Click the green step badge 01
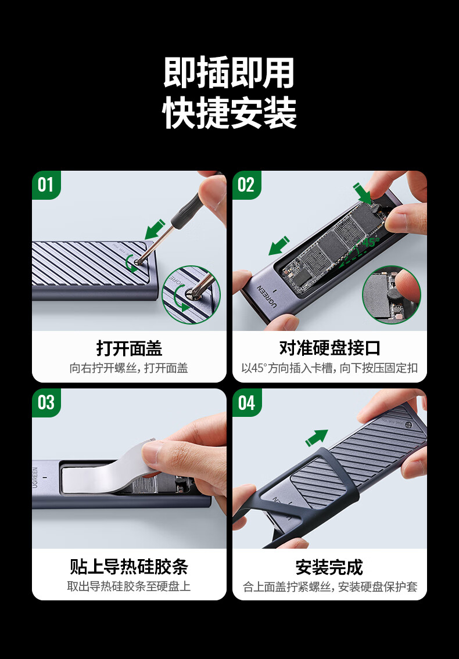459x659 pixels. coord(46,185)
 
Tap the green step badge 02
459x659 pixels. coord(246,185)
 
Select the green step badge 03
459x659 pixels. coord(46,402)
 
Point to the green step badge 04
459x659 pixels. coord(246,402)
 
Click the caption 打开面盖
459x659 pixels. coord(129,348)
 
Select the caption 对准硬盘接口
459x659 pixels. coord(329,348)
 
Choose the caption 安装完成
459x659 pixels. coord(329,567)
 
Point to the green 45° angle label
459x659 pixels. coord(370,243)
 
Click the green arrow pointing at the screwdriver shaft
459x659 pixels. coord(155,229)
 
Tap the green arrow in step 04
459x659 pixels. coord(317,438)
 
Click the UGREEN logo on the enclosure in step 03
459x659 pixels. coord(35,477)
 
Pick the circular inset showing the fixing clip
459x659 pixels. coord(391,294)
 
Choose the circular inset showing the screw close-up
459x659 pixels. coord(191,295)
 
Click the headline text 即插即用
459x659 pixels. coord(229,73)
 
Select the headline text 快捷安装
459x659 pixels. coord(229,113)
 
